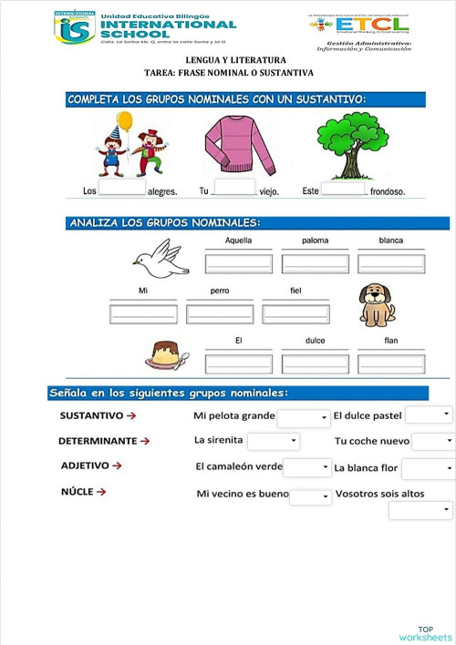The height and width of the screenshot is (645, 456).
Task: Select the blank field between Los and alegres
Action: [121, 189]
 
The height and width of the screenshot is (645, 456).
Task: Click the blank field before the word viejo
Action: [233, 189]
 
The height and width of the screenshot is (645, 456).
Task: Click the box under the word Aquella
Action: [238, 263]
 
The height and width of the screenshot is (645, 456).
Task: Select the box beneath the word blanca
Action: [391, 263]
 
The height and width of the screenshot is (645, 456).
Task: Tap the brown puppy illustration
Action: [376, 304]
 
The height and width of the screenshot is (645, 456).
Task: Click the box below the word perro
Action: [219, 313]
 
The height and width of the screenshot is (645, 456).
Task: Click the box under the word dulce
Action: [315, 363]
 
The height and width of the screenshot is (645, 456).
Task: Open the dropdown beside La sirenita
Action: [274, 441]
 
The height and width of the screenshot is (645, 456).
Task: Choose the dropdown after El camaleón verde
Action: [307, 467]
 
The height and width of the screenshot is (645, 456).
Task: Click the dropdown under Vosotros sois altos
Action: [420, 510]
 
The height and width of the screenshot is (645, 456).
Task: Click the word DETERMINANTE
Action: [98, 441]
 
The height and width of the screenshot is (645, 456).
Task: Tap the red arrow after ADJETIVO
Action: [116, 466]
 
